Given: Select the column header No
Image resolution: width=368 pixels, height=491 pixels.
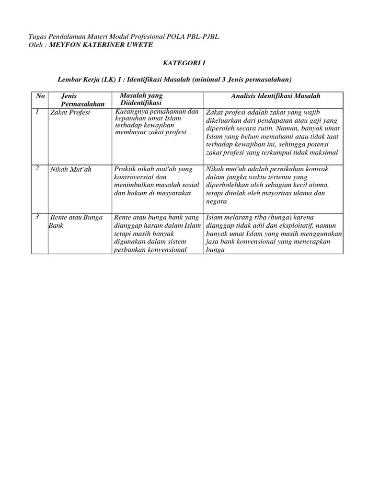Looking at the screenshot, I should pos(40,96).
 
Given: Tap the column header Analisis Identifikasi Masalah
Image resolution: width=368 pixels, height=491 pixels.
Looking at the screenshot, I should pos(275,96).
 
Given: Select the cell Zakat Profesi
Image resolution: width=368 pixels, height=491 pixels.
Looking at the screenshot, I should pos(69,112).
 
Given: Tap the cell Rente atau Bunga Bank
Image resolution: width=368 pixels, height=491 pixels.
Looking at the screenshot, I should pos(76,221).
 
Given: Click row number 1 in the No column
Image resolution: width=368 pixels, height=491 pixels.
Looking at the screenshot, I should pos(37,111).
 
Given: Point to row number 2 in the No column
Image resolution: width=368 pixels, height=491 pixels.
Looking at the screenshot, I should pos(37,168).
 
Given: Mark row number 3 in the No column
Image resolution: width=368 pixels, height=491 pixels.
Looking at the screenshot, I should pos(37,217).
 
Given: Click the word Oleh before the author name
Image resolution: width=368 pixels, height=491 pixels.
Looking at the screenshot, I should pos(37,45).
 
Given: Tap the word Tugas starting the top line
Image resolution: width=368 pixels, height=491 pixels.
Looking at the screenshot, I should pos(38,37).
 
